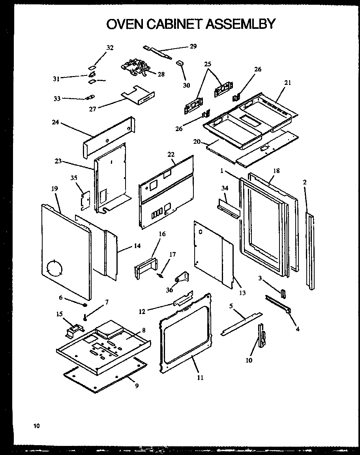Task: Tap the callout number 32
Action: point(110,48)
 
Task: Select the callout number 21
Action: point(287,83)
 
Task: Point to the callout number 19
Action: point(54,189)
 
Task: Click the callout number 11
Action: point(200,377)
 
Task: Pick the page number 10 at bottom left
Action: point(36,426)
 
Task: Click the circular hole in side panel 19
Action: point(54,269)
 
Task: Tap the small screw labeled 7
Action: point(84,316)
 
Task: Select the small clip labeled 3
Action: point(283,294)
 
